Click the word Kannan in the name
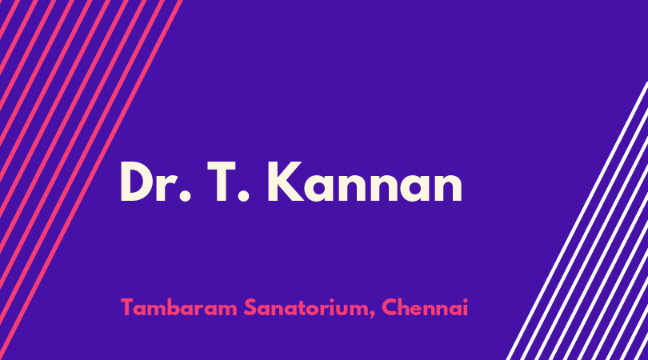pos(365,182)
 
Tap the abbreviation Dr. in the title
pos(155,182)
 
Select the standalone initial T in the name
pos(222,182)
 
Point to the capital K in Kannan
pos(286,182)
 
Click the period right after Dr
pos(185,196)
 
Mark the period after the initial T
pos(243,196)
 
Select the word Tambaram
pos(179,307)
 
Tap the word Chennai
pos(425,307)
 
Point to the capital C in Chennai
pos(390,307)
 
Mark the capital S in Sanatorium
pos(250,307)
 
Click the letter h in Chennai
pos(405,307)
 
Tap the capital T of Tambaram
pos(127,307)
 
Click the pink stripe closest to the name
pos(90,180)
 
